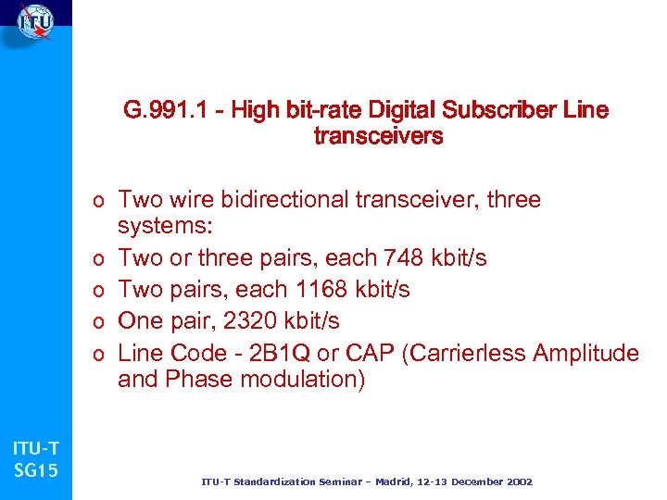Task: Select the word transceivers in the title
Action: click(x=378, y=137)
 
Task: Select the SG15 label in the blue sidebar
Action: click(x=36, y=471)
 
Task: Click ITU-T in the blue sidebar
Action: click(x=35, y=449)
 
